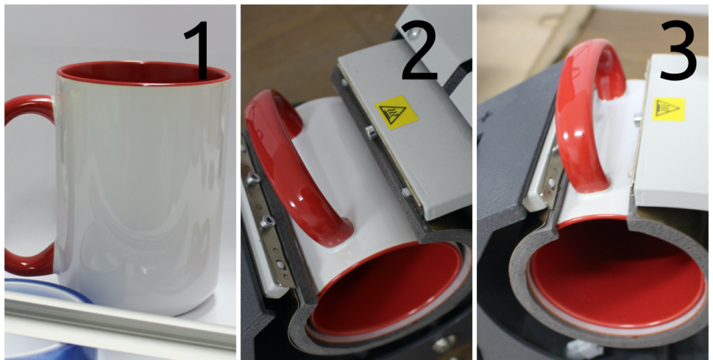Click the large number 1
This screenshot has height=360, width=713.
point(198,51)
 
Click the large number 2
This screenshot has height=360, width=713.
point(419,51)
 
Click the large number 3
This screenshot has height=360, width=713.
point(678,51)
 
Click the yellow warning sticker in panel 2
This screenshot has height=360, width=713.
point(396,112)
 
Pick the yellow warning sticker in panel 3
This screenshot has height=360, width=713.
point(668,109)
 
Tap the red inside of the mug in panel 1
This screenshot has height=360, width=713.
point(143,72)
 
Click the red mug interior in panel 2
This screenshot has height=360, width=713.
point(386,291)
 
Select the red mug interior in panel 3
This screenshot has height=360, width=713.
point(617,273)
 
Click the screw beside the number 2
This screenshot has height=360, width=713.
point(414,33)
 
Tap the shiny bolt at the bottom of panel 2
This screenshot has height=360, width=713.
point(444,344)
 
